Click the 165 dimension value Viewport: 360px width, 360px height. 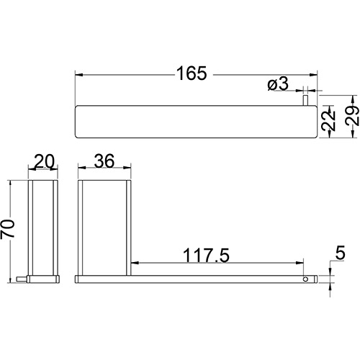click(192, 73)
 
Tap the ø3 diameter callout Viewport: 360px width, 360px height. click(278, 84)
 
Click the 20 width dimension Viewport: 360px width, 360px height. click(45, 161)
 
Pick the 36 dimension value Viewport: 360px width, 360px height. click(104, 161)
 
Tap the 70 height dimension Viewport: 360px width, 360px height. click(7, 229)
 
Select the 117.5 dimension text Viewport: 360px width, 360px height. click(206, 256)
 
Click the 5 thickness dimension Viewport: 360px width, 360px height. click(340, 253)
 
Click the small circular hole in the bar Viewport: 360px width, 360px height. click(305, 279)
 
